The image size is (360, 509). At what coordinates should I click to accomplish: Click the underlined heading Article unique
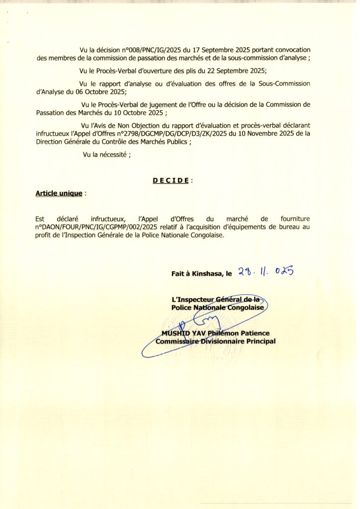coord(59,193)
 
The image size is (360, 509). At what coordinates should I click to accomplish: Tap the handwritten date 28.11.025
coord(266,271)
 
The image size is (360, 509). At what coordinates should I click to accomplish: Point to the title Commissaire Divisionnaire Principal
coord(216,341)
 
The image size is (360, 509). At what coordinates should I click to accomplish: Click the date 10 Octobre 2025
coord(130,113)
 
